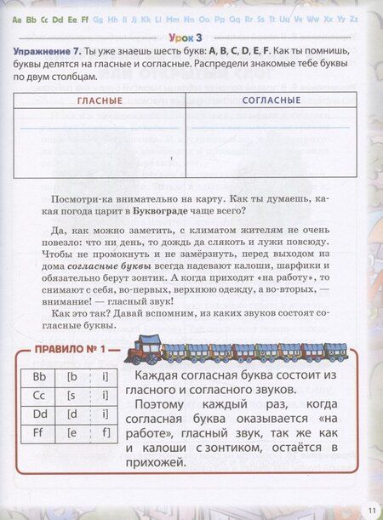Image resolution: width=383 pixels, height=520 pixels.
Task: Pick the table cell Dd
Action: pyautogui.click(x=38, y=414)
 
